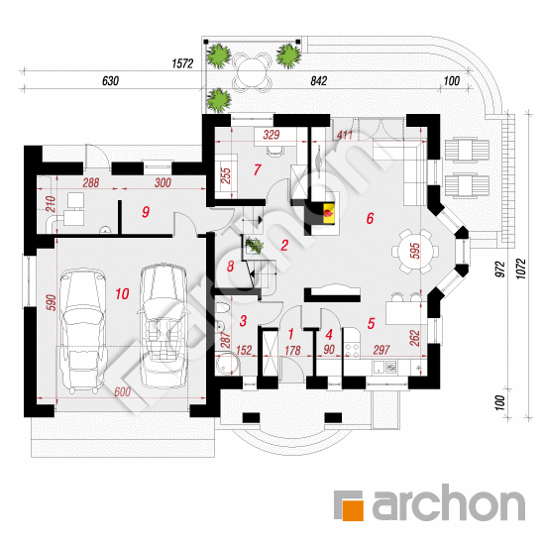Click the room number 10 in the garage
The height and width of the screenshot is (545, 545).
point(122,294)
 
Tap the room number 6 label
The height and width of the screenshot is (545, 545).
point(371,218)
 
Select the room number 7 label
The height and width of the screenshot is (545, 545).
point(257,169)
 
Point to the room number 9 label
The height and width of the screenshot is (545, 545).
point(146,212)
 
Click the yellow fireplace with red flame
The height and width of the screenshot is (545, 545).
point(329,213)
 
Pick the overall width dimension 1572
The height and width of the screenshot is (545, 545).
point(182,63)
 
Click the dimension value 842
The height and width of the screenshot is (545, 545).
point(318,80)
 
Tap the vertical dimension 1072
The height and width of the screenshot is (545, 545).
point(521,268)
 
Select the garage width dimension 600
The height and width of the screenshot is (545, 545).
point(123,392)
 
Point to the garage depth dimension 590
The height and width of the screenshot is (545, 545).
point(51,302)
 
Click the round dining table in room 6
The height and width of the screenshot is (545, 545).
point(415,251)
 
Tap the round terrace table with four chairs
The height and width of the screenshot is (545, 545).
point(252,71)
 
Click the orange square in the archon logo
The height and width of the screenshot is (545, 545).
point(353,510)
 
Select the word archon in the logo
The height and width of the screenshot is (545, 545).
point(448,501)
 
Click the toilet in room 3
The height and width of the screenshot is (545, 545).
point(222,308)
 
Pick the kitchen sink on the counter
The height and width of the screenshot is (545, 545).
point(384,367)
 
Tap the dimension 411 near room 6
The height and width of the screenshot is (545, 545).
point(345,135)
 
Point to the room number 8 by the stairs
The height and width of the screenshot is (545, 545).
point(231,267)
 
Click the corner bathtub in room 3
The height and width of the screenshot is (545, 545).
point(227,364)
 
